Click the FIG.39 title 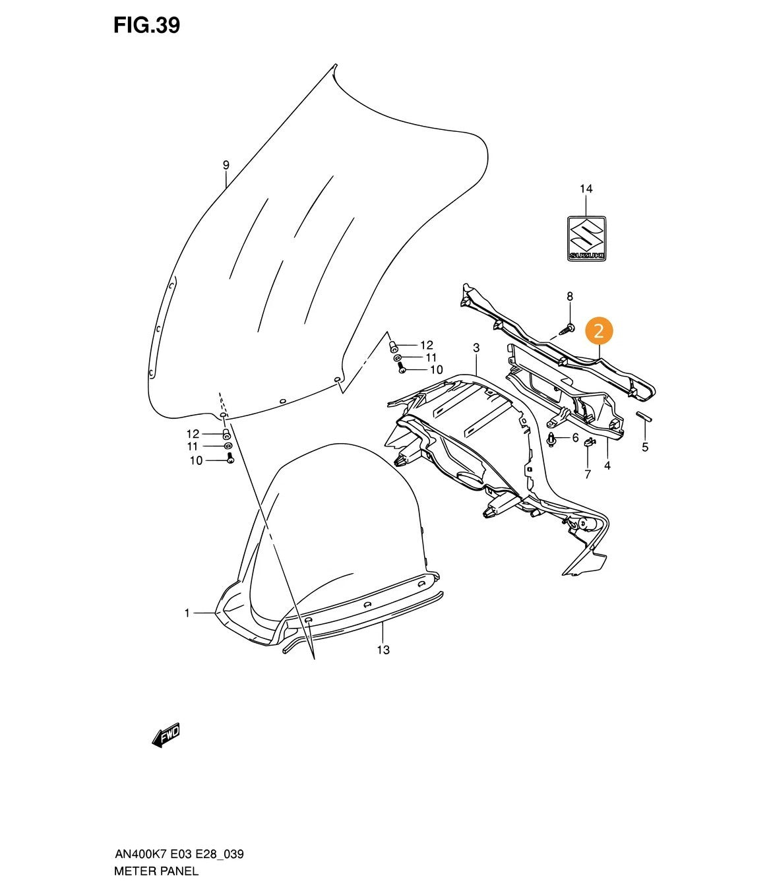[x=146, y=26]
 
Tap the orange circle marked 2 [x=598, y=332]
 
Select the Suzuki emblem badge [x=586, y=238]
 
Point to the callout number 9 [x=226, y=165]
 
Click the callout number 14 [x=586, y=189]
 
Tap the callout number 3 [x=476, y=348]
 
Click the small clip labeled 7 [x=589, y=443]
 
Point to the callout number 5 [x=645, y=447]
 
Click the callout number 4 [x=607, y=466]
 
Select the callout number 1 [x=187, y=613]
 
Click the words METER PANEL [x=156, y=871]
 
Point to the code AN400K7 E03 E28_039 [x=179, y=854]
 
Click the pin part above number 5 [x=644, y=416]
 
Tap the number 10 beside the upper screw [x=437, y=370]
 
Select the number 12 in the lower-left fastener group [x=193, y=434]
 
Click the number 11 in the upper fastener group [x=431, y=357]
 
